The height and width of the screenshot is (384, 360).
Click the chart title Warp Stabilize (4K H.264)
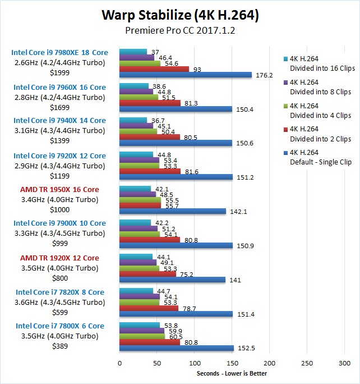pos(179,15)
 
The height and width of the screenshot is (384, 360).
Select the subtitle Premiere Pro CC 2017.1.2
pos(179,31)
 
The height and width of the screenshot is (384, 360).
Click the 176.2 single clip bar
pos(186,75)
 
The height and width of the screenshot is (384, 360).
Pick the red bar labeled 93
pos(154,69)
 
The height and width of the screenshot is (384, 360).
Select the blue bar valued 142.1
pos(173,211)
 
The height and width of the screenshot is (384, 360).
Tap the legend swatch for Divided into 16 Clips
pos(287,58)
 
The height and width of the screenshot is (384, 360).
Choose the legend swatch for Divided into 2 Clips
pos(287,129)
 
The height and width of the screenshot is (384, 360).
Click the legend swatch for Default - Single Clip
pos(287,152)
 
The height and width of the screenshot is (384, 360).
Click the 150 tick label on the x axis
pos(232,364)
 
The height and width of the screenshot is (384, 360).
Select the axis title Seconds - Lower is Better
pos(232,373)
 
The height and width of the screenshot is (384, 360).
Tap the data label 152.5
pos(246,348)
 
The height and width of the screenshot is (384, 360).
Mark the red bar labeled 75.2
pos(147,274)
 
